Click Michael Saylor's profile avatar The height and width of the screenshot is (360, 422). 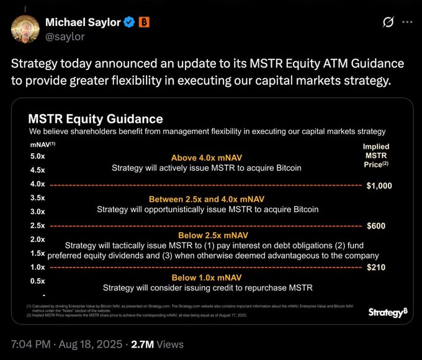(25, 29)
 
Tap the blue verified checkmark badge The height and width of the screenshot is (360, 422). (128, 23)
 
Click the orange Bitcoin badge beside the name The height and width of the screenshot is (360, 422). (143, 23)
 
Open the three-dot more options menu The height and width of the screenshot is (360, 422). (407, 22)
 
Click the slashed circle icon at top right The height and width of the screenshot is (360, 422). (388, 22)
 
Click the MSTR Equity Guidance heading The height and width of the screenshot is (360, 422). (96, 119)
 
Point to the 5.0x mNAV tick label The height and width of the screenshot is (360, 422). (37, 156)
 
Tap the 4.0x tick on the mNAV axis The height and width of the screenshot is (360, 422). (37, 184)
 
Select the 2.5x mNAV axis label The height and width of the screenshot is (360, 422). (37, 225)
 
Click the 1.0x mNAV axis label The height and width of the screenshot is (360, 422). (37, 267)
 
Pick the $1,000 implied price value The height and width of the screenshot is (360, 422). (379, 185)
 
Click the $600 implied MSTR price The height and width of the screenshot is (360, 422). (376, 226)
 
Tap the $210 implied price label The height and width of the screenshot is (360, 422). (376, 268)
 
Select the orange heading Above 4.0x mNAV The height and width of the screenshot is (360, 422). (207, 158)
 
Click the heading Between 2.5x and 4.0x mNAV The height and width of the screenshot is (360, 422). (207, 199)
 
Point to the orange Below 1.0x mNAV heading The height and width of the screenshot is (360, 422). (207, 277)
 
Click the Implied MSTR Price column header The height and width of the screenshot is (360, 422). (376, 156)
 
